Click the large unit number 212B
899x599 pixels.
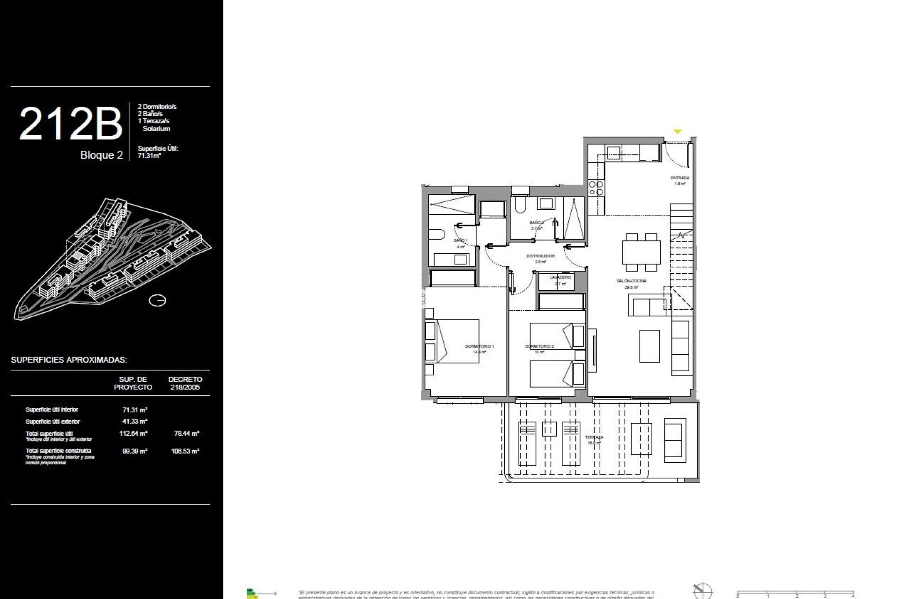tap(70, 124)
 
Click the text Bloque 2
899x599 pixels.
tap(102, 155)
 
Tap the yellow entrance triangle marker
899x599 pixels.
tap(677, 132)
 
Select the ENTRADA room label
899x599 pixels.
tap(680, 178)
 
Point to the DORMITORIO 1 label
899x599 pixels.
tap(479, 346)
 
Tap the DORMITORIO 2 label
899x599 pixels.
tap(539, 347)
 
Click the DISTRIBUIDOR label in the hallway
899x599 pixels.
tap(541, 256)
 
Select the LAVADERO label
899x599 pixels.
tap(560, 278)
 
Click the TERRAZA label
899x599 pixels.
tap(594, 438)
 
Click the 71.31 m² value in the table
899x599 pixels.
tap(135, 409)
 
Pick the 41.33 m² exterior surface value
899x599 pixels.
tap(135, 422)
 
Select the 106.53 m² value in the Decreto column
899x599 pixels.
tap(185, 452)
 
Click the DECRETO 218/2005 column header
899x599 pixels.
tap(185, 383)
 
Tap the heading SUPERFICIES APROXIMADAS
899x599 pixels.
tap(69, 360)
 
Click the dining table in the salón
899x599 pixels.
tap(641, 252)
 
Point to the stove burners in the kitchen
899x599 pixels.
tap(596, 188)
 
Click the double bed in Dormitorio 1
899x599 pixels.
tap(452, 342)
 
